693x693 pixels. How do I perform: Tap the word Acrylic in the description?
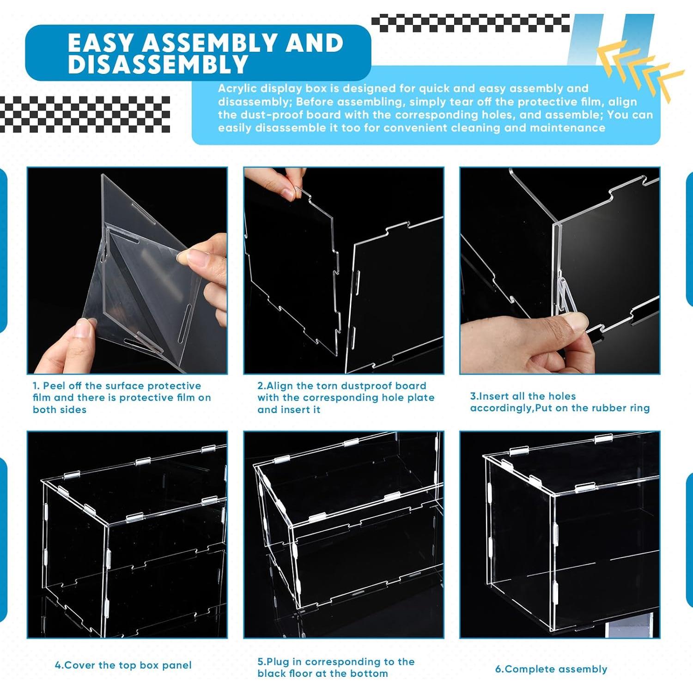[x=237, y=88]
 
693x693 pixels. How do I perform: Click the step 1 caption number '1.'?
[x=36, y=386]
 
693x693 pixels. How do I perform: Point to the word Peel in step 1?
[x=54, y=386]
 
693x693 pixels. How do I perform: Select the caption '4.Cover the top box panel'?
[x=123, y=665]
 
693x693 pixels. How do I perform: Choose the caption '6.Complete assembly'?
[x=551, y=669]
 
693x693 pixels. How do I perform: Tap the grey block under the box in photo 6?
[x=631, y=631]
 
